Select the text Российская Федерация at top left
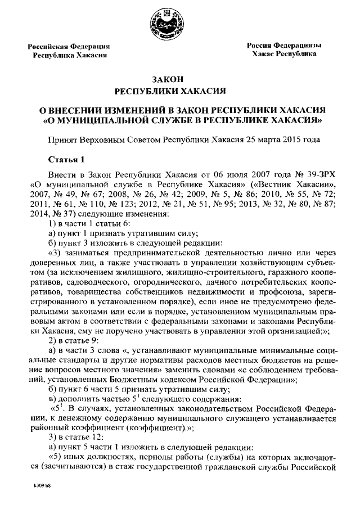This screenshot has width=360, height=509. [x=69, y=46]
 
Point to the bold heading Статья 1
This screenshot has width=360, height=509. [x=66, y=158]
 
